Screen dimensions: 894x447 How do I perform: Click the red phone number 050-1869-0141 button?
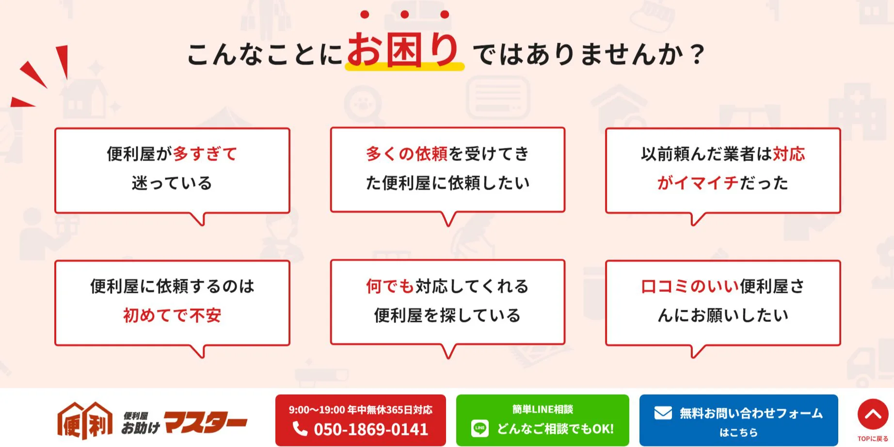pos(360,420)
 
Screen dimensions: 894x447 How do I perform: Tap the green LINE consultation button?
pos(543,420)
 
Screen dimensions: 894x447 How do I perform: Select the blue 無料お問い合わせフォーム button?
pos(738,420)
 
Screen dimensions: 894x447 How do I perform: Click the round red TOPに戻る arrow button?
pos(873,414)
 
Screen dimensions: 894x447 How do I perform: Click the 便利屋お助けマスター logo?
pos(152,420)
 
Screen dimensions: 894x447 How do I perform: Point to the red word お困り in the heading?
pos(403,49)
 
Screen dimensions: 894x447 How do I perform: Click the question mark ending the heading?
pos(697,54)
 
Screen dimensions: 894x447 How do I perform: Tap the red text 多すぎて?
pos(205,154)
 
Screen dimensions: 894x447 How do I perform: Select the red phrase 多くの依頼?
pos(407,154)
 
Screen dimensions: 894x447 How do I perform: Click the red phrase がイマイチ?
pos(698,183)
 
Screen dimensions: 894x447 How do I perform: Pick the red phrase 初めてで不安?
pos(172,315)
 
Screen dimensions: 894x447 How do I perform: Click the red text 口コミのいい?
pos(689,286)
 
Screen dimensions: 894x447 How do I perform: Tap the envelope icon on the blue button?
pos(663,413)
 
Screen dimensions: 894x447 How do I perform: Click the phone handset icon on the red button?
pos(300,429)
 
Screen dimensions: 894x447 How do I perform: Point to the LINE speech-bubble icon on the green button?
pos(480,429)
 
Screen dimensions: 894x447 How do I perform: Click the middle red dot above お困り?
pos(405,15)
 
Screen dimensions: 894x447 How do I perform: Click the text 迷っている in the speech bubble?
pos(172,183)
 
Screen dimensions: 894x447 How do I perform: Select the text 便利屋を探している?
pos(447,315)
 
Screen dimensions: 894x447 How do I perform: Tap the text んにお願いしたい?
pos(723,315)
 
